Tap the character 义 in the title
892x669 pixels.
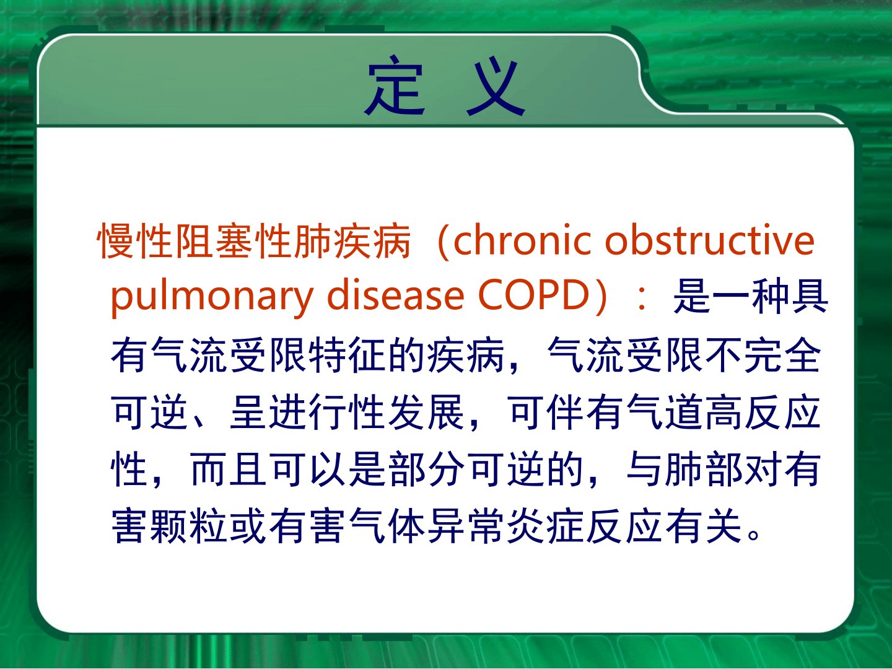[x=496, y=85]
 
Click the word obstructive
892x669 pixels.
[x=709, y=241]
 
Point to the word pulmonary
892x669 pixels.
[x=212, y=297]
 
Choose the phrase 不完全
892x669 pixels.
[x=764, y=354]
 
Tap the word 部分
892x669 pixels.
[x=426, y=469]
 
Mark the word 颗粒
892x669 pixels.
[x=188, y=526]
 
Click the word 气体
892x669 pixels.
[x=387, y=526]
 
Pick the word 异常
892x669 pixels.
[x=466, y=526]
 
